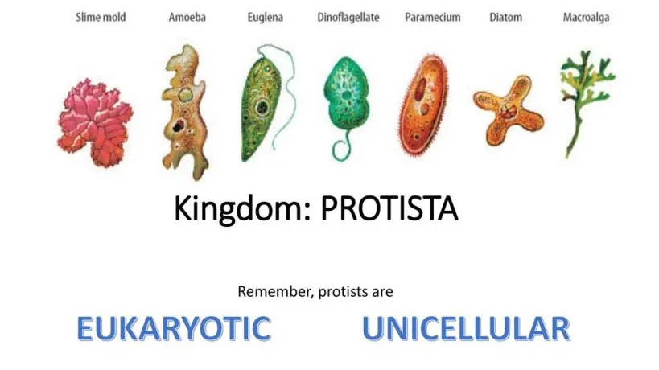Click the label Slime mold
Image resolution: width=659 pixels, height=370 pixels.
pos(101,17)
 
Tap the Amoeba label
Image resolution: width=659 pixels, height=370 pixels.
pos(187,17)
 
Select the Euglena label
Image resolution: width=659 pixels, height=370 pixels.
pos(266,17)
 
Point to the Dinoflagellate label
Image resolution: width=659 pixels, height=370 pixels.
pos(348,17)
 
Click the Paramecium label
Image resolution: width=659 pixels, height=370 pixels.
pos(432,17)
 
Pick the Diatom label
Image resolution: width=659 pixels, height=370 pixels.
pos(505,17)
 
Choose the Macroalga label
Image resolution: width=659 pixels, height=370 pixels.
pos(586,17)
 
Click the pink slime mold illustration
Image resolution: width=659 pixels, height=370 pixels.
pos(95,122)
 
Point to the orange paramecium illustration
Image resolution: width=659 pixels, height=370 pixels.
pos(423,104)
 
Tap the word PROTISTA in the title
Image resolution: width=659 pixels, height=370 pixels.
pos(389,209)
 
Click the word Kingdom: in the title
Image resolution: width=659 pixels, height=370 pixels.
pos(242,209)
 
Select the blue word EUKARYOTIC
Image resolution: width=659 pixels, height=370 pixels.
pos(174,328)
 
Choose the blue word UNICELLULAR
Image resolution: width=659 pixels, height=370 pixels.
pos(466,328)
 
